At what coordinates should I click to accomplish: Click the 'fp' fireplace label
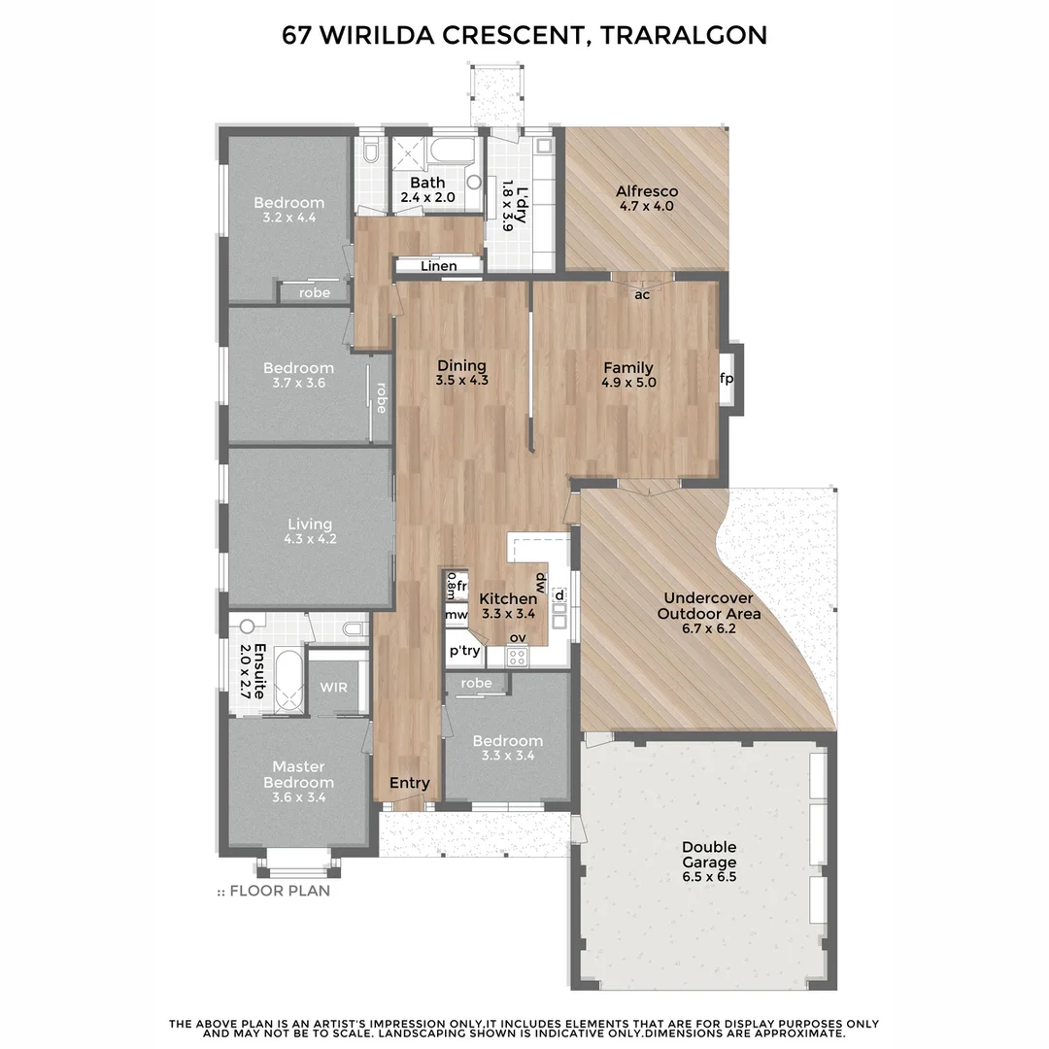pos(726,379)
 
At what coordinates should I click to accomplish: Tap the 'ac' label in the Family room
pos(642,294)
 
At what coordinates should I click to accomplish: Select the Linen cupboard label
pos(439,266)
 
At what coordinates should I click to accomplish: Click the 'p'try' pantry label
pos(463,651)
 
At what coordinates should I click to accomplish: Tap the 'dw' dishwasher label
pos(541,581)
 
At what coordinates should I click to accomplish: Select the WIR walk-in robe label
pos(333,687)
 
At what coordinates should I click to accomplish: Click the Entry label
pos(409,783)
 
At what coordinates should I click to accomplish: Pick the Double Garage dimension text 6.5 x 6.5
pos(708,877)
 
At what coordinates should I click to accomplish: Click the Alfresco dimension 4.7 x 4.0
pos(646,206)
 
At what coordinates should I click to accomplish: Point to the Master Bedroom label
pos(299,774)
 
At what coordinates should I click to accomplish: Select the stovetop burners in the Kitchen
pos(517,657)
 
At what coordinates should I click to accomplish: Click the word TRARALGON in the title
pos(684,35)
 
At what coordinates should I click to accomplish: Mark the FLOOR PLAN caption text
pos(279,891)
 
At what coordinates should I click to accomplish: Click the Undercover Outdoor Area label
pos(708,605)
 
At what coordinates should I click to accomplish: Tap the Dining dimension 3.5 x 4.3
pos(461,381)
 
